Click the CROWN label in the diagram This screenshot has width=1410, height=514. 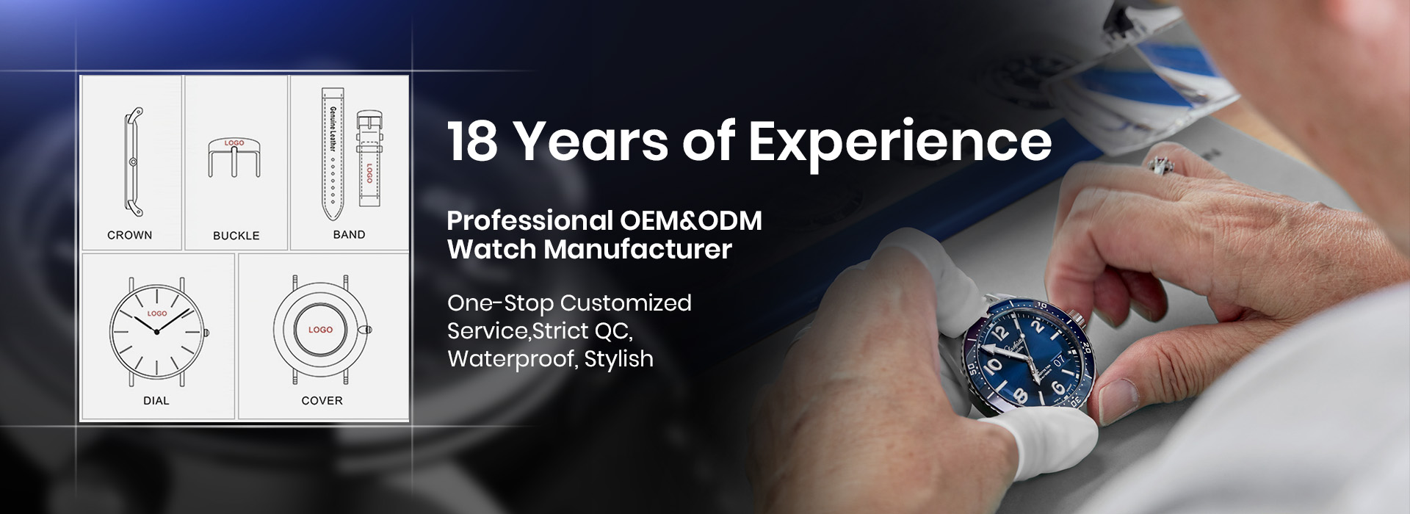point(129,235)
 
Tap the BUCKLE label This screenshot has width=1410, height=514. point(236,236)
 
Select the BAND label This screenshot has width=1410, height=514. point(349,235)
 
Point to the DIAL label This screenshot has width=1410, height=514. point(156,401)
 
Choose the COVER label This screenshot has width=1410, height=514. point(322,401)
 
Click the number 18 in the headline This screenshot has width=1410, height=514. point(473,141)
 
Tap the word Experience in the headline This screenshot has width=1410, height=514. point(900,143)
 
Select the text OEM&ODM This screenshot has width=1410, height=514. point(691,220)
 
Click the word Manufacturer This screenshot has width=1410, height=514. point(637,250)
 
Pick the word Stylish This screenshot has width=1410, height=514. point(619,359)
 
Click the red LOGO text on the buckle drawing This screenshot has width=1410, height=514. point(234,143)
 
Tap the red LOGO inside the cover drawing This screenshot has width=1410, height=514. point(320,330)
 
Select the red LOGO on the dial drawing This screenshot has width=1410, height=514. point(157,314)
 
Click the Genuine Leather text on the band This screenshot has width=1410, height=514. point(333,128)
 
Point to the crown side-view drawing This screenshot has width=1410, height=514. point(133,162)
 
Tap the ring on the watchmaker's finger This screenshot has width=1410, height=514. point(1160,165)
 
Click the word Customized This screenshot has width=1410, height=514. point(626,303)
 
